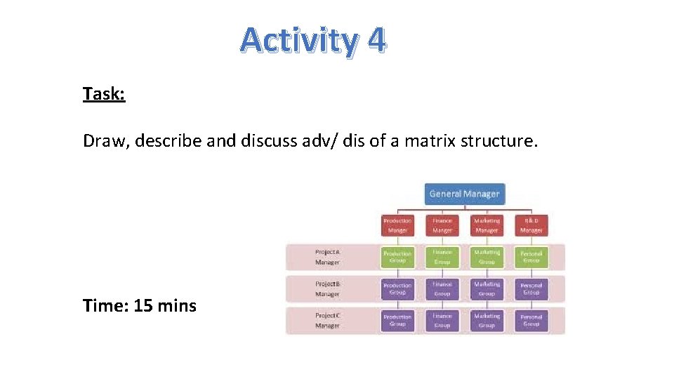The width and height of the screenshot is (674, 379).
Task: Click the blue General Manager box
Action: (464, 194)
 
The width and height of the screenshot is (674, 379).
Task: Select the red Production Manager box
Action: (397, 225)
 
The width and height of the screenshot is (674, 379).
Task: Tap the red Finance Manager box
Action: (442, 225)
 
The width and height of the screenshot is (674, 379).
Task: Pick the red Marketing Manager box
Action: (487, 225)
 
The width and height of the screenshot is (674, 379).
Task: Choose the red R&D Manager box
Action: (531, 225)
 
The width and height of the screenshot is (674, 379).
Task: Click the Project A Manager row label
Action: (327, 257)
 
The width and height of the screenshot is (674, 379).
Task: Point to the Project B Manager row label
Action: (327, 289)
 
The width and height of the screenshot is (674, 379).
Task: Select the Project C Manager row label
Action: (327, 321)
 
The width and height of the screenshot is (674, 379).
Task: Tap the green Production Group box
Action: (397, 257)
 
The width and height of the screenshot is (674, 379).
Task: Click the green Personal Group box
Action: (531, 257)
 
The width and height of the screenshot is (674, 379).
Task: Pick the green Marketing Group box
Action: (487, 257)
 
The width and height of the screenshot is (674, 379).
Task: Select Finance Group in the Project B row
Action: (442, 289)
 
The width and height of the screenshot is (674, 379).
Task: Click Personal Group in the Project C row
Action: (531, 321)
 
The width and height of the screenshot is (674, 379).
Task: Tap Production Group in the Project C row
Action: (397, 321)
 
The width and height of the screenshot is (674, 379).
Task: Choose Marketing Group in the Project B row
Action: (487, 289)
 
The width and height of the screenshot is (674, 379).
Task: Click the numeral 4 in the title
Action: (376, 40)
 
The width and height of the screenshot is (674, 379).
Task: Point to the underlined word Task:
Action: (104, 93)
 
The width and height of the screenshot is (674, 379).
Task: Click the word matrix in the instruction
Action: (423, 141)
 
